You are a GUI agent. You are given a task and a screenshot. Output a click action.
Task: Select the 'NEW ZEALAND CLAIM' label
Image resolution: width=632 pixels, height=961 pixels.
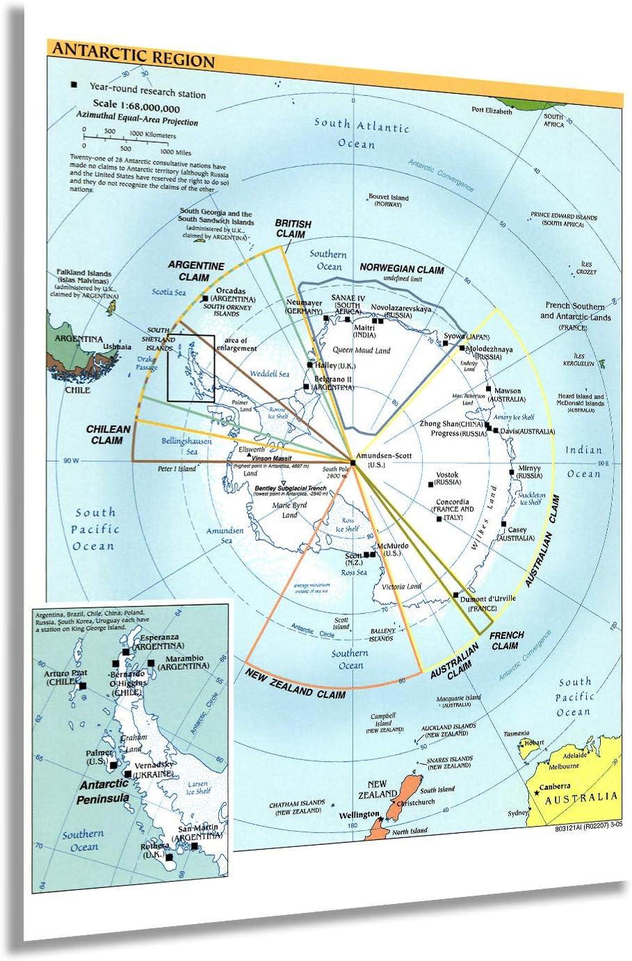(x=295, y=681)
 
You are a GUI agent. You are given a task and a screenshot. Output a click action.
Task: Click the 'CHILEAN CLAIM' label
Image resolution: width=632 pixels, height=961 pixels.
(x=108, y=435)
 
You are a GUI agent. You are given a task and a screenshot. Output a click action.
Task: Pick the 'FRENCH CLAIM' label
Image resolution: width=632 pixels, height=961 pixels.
(x=506, y=640)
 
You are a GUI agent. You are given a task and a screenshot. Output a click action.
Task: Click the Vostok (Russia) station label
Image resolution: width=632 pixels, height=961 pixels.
(x=447, y=478)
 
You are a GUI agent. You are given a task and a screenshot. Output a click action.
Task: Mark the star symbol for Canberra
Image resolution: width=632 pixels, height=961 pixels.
(x=537, y=793)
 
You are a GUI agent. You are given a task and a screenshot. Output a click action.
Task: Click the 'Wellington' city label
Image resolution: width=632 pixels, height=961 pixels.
(x=359, y=814)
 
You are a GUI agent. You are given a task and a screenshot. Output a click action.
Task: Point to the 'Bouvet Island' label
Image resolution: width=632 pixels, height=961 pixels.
(x=388, y=197)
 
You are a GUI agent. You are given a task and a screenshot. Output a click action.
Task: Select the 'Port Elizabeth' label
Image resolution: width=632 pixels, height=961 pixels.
(x=492, y=111)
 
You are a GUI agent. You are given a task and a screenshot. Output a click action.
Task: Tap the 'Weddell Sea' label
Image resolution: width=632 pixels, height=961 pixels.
(x=269, y=374)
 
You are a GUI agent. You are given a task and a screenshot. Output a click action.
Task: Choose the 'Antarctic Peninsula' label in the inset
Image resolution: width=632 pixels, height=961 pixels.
(x=103, y=791)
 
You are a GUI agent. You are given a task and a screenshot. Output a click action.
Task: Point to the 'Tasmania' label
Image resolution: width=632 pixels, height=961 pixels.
(x=517, y=733)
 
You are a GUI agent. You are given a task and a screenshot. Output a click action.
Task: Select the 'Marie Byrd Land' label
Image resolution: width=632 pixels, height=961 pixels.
(x=290, y=510)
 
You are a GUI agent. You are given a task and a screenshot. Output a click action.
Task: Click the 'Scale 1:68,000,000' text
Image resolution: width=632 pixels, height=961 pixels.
(x=136, y=107)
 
